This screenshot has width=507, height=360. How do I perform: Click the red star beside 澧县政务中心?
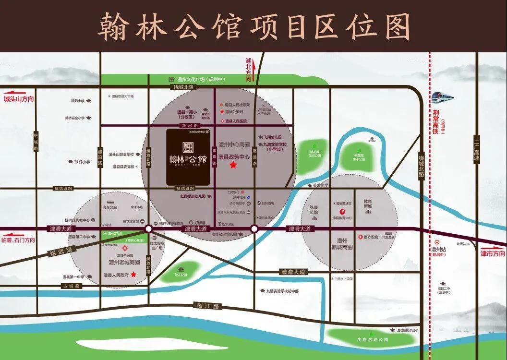[x=233, y=165]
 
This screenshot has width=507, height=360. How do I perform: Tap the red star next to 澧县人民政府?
[x=133, y=275]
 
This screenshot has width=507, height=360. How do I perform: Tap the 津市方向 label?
[x=493, y=253]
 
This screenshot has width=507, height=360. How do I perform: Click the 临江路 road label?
[x=207, y=305]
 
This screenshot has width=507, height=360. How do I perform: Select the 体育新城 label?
[x=368, y=204]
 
